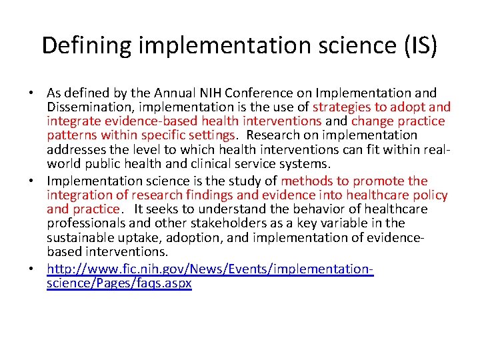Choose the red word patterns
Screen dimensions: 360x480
pyautogui.click(x=71, y=135)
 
